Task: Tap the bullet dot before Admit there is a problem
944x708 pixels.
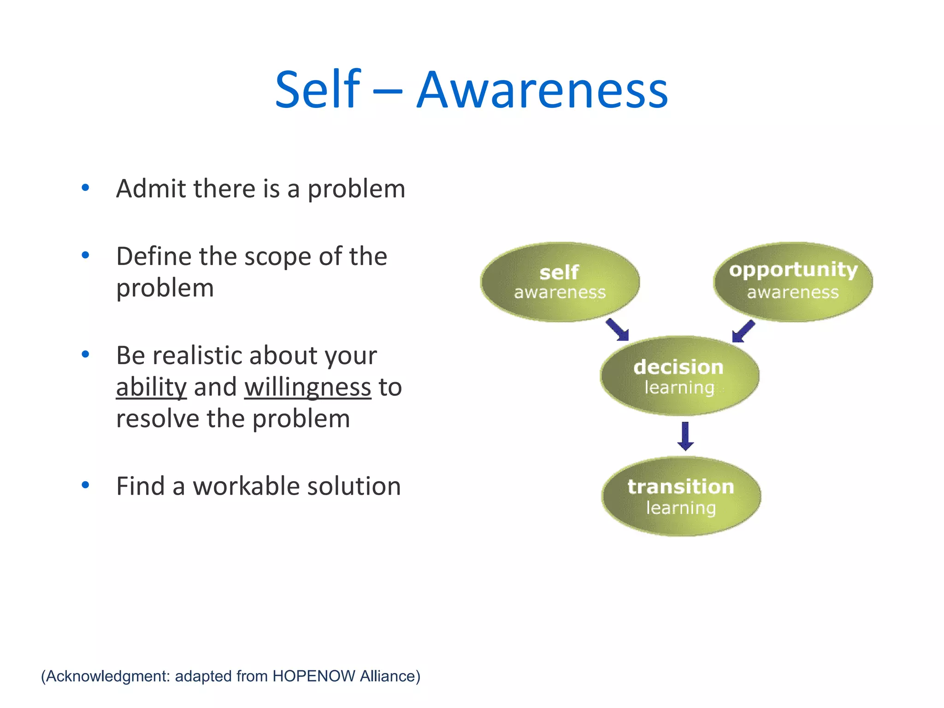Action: (85, 188)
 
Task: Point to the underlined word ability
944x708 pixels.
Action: (151, 387)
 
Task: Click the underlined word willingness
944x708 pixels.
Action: (307, 388)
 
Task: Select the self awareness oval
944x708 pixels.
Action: (560, 282)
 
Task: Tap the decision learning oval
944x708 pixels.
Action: (679, 376)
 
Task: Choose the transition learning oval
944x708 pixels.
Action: (681, 496)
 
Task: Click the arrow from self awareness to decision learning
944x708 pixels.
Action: (618, 330)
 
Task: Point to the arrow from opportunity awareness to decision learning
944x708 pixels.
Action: (743, 331)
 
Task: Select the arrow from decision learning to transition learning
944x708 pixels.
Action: (685, 436)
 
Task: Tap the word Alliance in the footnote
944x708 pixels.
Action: (390, 676)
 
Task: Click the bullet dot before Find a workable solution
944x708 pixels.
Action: (85, 485)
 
